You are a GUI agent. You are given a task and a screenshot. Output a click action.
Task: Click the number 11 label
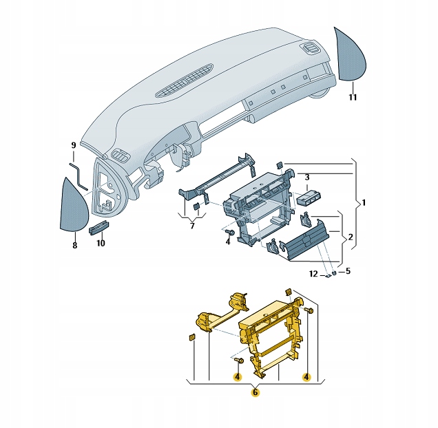point(352,98)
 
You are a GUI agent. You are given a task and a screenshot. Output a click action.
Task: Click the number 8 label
point(74,244)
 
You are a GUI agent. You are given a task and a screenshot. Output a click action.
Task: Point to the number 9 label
point(73,145)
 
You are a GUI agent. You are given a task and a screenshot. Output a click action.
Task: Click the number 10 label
point(101,244)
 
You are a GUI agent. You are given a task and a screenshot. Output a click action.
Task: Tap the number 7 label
point(193,226)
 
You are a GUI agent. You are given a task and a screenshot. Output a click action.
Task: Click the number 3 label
point(308,178)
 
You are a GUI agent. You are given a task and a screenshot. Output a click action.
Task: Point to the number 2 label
point(350,237)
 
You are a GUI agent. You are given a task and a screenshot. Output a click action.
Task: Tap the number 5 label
point(348,271)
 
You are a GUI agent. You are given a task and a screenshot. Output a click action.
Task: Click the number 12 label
point(313,275)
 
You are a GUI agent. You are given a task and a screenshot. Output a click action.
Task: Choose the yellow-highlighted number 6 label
point(255,392)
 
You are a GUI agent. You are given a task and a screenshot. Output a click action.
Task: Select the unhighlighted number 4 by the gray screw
point(227,242)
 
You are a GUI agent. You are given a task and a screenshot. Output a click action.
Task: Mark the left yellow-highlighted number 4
point(237,377)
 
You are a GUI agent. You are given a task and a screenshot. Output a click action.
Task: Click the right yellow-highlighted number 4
point(306,377)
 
